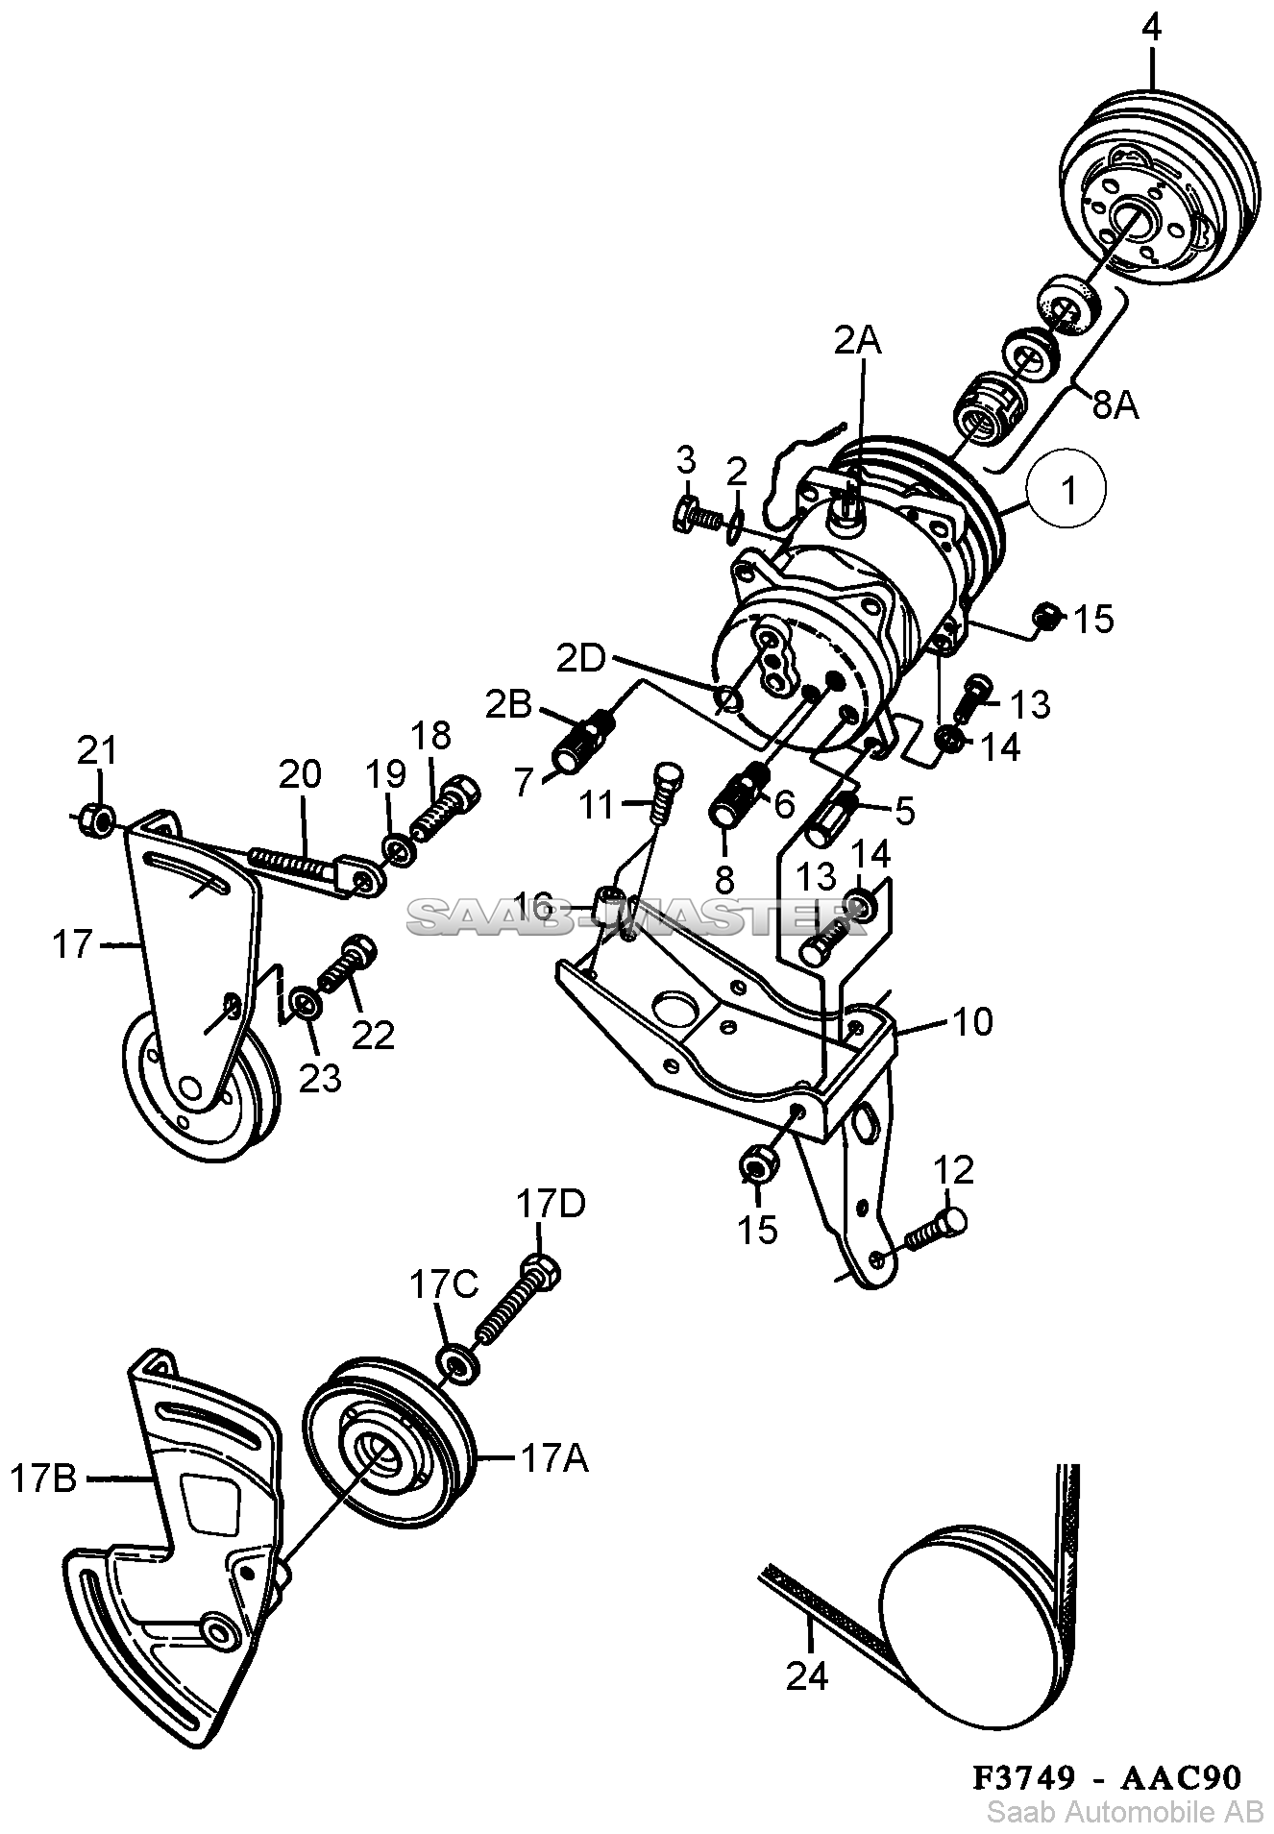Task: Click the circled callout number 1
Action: pyautogui.click(x=1067, y=489)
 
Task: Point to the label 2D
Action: pyautogui.click(x=581, y=659)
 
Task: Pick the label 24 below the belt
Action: pyautogui.click(x=806, y=1676)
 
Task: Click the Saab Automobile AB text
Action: pyautogui.click(x=1125, y=1812)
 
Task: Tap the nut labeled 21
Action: pyautogui.click(x=98, y=819)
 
